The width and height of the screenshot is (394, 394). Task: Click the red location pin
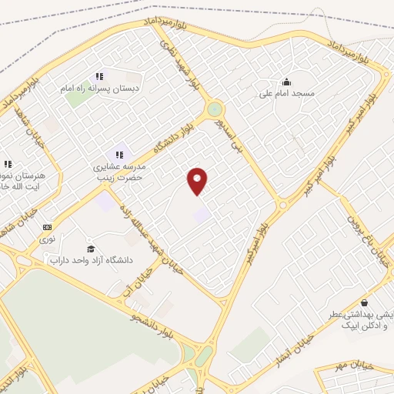tap(199, 180)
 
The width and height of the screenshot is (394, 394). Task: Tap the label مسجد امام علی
tap(285, 93)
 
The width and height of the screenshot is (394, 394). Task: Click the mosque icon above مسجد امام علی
tap(286, 82)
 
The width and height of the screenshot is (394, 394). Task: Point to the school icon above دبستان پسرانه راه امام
tap(98, 76)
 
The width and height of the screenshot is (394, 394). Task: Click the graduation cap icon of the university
tap(90, 249)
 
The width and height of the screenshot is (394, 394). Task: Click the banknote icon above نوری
tap(48, 227)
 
